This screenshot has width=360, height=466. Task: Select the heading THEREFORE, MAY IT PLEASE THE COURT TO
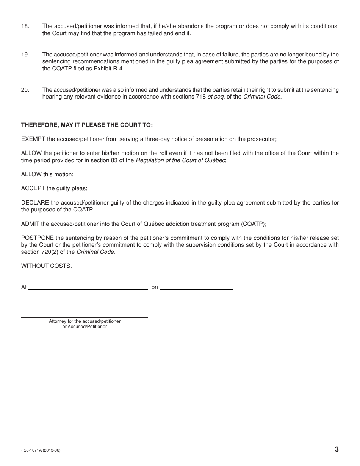tap(87, 125)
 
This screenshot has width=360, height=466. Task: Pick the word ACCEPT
tap(33, 188)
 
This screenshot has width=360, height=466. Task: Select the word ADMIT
tap(30, 224)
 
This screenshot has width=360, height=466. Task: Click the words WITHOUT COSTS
tap(46, 266)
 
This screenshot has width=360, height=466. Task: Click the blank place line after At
tap(88, 289)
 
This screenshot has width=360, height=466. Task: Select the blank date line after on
tap(196, 289)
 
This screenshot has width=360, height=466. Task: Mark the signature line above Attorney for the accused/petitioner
tap(85, 317)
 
